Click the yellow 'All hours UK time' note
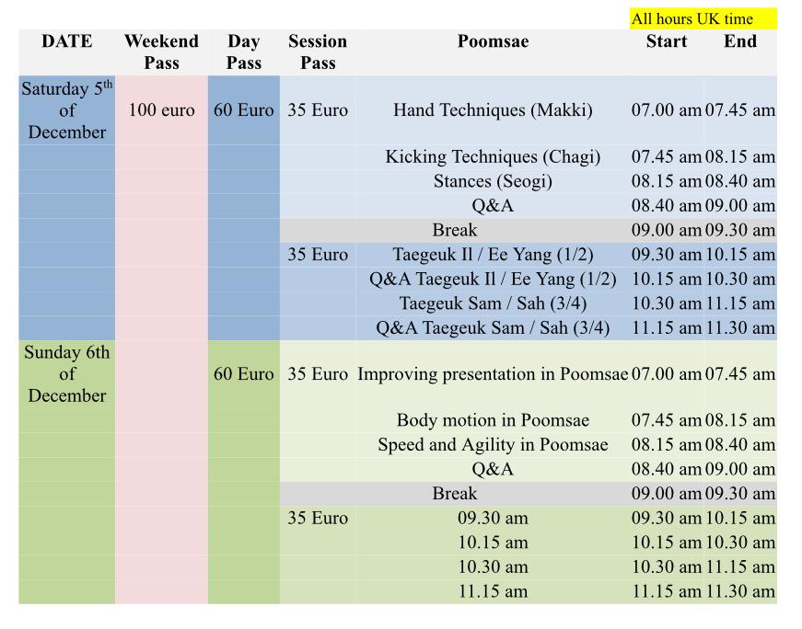click(x=703, y=19)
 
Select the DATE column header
click(x=67, y=40)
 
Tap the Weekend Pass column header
click(x=162, y=51)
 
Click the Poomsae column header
click(x=493, y=40)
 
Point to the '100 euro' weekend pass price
click(x=162, y=109)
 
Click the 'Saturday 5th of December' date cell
click(x=67, y=109)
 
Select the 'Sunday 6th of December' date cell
click(x=67, y=373)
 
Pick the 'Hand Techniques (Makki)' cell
click(x=493, y=109)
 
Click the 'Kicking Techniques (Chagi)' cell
click(x=493, y=156)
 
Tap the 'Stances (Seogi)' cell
click(x=493, y=181)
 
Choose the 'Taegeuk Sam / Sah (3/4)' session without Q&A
click(x=493, y=303)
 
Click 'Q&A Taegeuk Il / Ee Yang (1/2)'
click(x=493, y=279)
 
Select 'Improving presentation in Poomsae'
click(x=493, y=373)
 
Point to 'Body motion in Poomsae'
click(x=493, y=420)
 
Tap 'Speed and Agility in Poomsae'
click(x=493, y=444)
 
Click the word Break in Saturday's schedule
click(x=455, y=230)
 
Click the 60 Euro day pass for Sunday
click(x=243, y=373)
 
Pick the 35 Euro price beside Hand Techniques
click(x=318, y=109)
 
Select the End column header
click(x=740, y=40)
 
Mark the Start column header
click(x=667, y=40)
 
